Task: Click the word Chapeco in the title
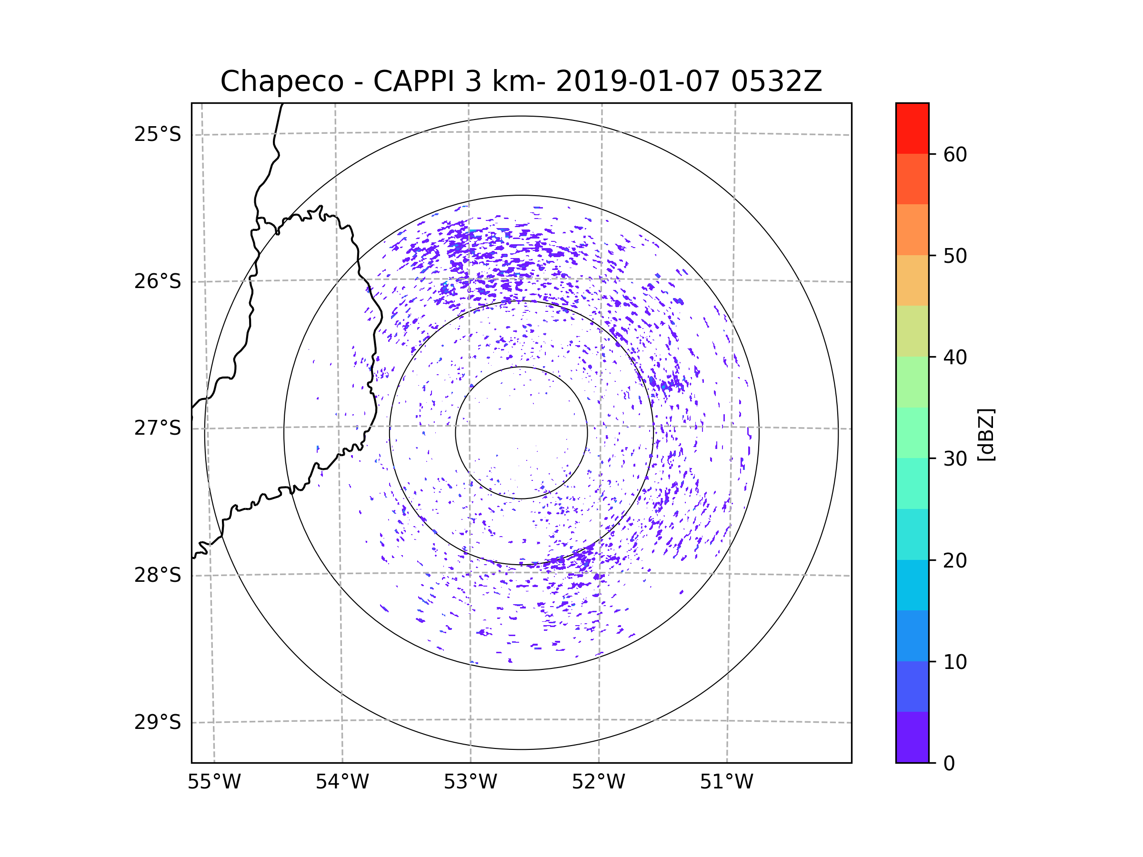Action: point(281,81)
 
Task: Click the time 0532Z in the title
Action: point(776,81)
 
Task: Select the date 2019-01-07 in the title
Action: point(637,81)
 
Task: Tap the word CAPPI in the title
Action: point(413,81)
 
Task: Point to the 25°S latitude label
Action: point(158,134)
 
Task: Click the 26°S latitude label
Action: point(158,281)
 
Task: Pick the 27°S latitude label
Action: point(158,428)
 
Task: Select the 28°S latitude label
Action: point(158,575)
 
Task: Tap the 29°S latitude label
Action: point(158,722)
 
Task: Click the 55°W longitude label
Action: point(214,782)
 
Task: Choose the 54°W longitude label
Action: point(342,782)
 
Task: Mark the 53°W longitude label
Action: point(470,782)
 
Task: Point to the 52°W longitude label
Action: point(598,782)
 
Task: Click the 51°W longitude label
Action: point(726,782)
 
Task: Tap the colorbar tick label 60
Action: point(955,154)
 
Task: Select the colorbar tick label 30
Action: point(955,458)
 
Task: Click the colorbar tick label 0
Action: point(949,764)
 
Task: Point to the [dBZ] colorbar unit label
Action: point(986,434)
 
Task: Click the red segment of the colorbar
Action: point(912,128)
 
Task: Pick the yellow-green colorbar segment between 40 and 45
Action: point(912,331)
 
